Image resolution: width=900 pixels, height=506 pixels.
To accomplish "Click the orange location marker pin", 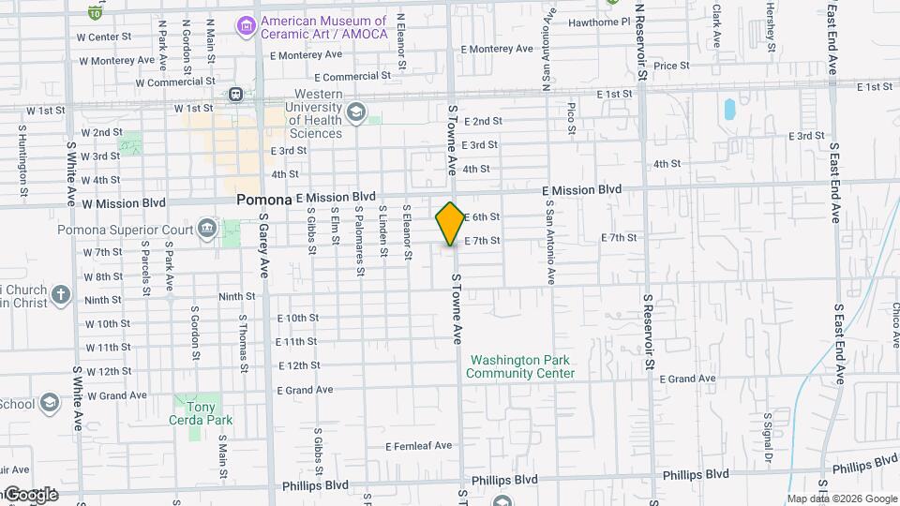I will point(450,223).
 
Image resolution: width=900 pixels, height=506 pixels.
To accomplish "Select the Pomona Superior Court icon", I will point(206,229).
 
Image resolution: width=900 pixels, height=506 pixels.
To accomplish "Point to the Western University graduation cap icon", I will point(355,113).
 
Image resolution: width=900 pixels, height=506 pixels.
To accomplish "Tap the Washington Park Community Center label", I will point(520,366).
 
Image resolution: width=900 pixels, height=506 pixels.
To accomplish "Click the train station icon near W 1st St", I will point(233,94).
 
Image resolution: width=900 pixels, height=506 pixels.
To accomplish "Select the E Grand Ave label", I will point(688,379).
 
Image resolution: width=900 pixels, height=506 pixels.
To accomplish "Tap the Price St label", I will point(671,66).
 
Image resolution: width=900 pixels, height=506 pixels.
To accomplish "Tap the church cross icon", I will point(61,295).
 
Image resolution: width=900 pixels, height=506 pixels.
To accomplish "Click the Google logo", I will point(30,494).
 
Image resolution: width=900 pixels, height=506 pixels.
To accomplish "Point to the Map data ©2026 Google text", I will point(841,499).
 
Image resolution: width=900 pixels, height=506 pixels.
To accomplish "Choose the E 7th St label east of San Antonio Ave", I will point(619,238).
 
